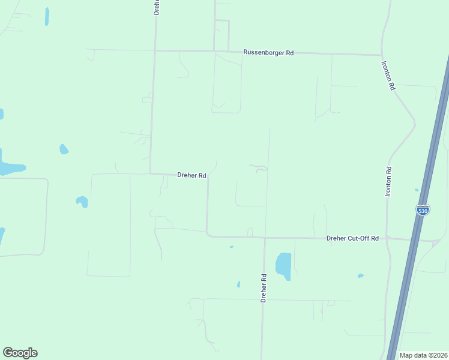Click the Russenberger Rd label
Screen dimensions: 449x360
(268, 53)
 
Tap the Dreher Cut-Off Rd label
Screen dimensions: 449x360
(352, 238)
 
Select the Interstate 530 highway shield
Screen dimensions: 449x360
(423, 210)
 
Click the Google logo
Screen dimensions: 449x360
(20, 353)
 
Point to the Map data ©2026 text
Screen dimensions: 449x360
(423, 355)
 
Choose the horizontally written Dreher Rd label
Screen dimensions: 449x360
(191, 176)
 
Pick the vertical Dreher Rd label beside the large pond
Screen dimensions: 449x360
(264, 288)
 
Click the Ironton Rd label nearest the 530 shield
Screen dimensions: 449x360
(388, 181)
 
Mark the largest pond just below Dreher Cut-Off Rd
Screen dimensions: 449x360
(283, 266)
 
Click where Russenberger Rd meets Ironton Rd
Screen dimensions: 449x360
(382, 55)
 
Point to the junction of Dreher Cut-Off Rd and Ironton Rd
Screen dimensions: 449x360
(388, 238)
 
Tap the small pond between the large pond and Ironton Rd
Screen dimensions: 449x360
(360, 276)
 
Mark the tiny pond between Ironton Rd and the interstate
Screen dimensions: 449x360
(416, 190)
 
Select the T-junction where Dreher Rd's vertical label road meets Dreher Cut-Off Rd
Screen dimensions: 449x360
(265, 238)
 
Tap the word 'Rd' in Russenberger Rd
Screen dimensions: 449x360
(289, 53)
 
